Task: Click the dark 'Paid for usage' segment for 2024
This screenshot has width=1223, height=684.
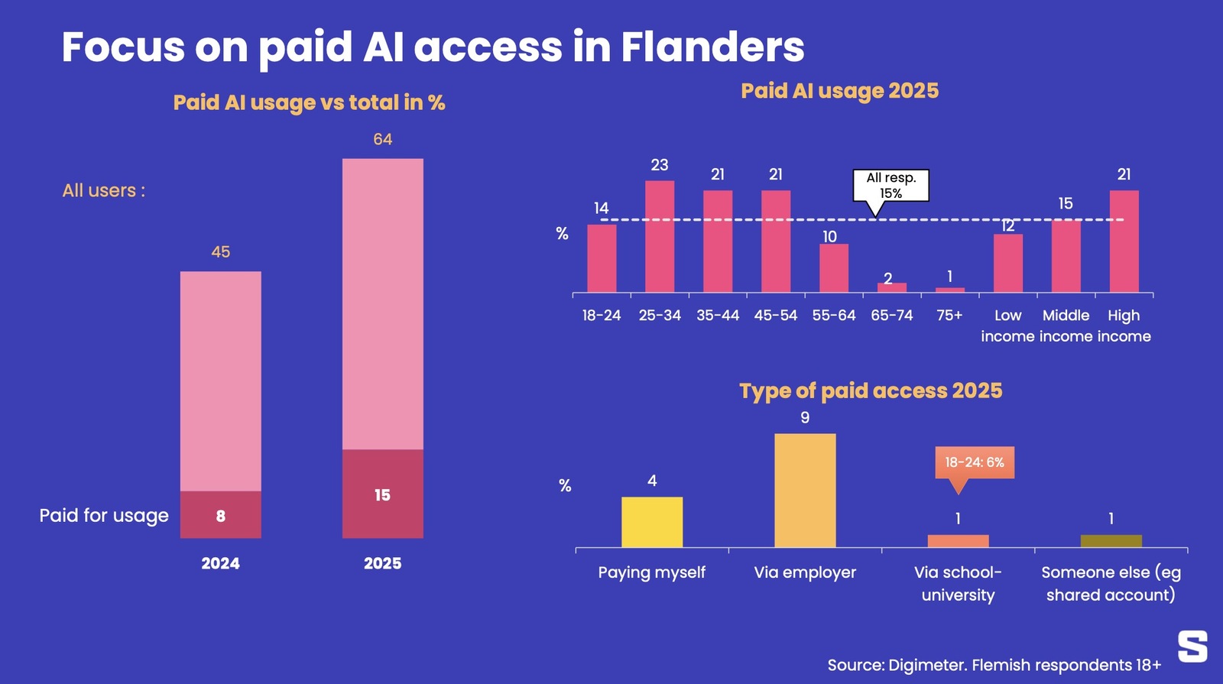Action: tap(220, 514)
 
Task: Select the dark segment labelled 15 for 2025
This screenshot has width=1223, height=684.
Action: tap(382, 494)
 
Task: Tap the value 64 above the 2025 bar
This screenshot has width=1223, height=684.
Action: tap(382, 139)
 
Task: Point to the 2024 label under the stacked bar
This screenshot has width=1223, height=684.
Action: tap(220, 563)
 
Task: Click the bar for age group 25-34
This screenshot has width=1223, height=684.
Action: tap(660, 237)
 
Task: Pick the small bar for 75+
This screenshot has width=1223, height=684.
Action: tap(950, 290)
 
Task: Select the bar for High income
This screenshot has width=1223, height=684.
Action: tap(1124, 242)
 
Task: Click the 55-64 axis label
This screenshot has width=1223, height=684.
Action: tap(834, 315)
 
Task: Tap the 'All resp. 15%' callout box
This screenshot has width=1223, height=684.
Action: tap(890, 185)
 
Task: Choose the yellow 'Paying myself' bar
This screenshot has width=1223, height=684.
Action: tap(652, 522)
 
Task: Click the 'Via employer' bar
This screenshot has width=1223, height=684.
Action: tap(805, 491)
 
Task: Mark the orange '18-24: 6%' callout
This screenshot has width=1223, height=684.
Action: tap(975, 462)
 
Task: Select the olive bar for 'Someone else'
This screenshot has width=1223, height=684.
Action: tap(1111, 541)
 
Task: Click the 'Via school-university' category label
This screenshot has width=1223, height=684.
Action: tap(958, 583)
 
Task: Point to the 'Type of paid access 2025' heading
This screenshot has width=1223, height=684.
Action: tap(871, 391)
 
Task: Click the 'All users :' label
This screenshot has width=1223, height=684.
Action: tap(104, 190)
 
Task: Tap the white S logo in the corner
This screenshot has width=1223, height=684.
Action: tap(1192, 647)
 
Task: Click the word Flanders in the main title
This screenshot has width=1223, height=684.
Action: tap(712, 47)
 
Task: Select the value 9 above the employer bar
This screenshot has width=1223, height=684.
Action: tap(805, 417)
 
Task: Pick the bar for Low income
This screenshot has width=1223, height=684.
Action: tap(1007, 263)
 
